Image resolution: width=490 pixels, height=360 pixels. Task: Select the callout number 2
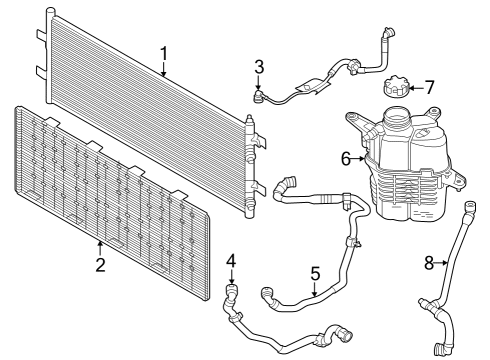tap(100, 264)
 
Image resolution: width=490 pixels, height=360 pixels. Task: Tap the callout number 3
tap(259, 67)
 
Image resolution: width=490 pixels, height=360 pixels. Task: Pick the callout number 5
tap(314, 271)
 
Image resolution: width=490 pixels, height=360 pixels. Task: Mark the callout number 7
tap(430, 87)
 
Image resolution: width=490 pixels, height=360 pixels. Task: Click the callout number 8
tap(429, 263)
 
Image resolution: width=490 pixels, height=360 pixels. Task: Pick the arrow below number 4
tap(232, 278)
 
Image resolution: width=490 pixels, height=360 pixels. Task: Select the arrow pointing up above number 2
tap(100, 246)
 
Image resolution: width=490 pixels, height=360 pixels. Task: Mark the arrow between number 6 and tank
tap(360, 159)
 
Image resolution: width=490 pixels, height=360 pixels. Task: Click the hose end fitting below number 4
tap(234, 293)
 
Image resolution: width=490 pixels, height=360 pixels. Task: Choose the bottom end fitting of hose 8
tap(439, 348)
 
